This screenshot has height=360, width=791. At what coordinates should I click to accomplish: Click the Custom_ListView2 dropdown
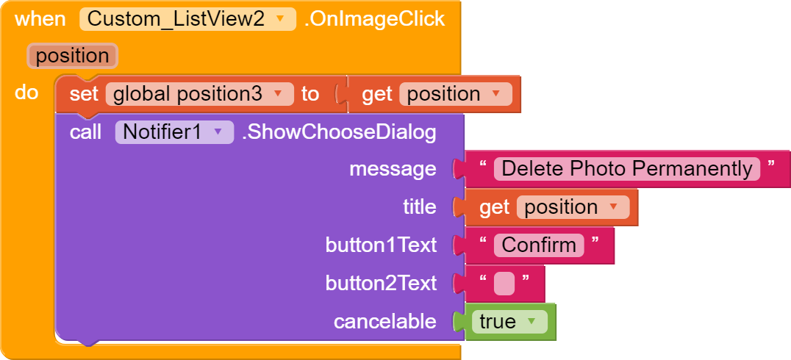[187, 19]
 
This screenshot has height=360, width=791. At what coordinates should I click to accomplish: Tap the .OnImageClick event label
[374, 19]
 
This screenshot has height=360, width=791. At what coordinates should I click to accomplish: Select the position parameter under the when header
[72, 55]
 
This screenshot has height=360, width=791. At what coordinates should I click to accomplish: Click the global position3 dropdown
[199, 94]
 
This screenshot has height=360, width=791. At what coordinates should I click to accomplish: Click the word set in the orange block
[84, 94]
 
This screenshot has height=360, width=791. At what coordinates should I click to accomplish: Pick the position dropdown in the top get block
[456, 94]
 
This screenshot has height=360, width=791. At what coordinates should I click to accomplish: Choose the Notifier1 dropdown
[174, 132]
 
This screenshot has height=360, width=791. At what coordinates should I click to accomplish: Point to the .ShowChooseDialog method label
[338, 132]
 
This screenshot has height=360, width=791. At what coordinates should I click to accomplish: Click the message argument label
[393, 169]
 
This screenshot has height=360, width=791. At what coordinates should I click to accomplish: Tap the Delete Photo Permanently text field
[626, 169]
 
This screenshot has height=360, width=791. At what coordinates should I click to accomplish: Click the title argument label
[420, 206]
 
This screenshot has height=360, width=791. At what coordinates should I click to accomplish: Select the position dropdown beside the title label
[573, 207]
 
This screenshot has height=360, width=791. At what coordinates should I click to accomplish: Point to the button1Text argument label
[381, 245]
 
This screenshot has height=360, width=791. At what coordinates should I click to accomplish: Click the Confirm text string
[539, 245]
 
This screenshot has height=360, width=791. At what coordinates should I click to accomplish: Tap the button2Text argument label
[381, 284]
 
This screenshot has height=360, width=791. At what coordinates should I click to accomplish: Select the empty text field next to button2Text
[504, 284]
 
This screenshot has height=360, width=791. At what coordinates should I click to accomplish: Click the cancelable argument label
[385, 322]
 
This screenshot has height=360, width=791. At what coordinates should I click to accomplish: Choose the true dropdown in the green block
[509, 322]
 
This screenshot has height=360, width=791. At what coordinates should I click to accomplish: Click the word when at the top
[40, 19]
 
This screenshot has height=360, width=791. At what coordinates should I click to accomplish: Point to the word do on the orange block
[26, 93]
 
